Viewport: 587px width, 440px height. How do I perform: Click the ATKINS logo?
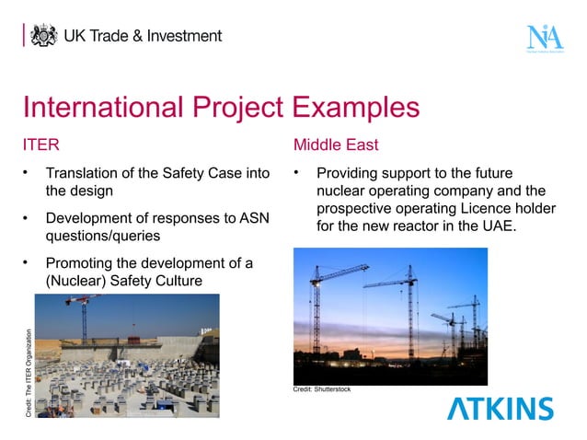pos(501,408)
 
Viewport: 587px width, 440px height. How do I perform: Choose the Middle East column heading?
pos(336,145)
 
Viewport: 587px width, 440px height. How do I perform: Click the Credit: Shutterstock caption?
pos(322,390)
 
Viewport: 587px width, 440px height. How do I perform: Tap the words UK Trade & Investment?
pos(143,36)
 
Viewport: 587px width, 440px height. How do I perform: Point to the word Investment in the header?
pos(184,36)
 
